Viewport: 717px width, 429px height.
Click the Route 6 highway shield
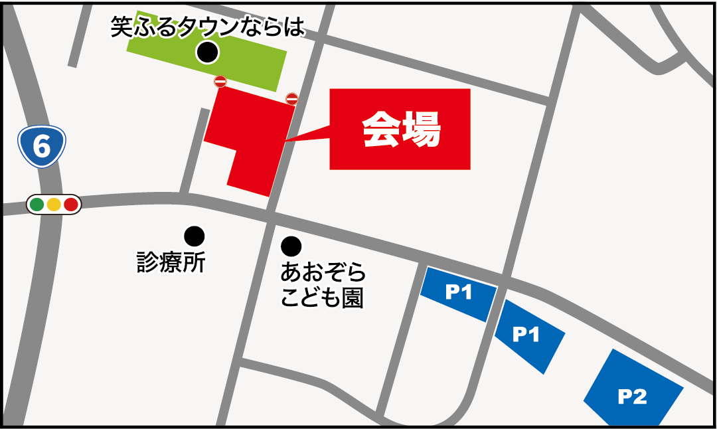pos(41,146)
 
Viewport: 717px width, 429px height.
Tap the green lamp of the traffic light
pos(37,205)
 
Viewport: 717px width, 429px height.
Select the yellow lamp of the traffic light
pos(54,205)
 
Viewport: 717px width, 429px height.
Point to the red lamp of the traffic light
pos(70,205)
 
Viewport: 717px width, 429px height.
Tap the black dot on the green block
pos(207,52)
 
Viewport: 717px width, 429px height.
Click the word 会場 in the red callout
pos(401,129)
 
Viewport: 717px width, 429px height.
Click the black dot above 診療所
pos(195,235)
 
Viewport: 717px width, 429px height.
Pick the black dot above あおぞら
pos(291,246)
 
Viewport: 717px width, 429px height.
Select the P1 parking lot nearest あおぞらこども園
pos(458,293)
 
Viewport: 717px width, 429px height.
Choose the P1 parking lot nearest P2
pos(528,335)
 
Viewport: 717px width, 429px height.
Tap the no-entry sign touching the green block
pos(220,82)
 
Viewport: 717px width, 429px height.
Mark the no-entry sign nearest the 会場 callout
pos(291,99)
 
